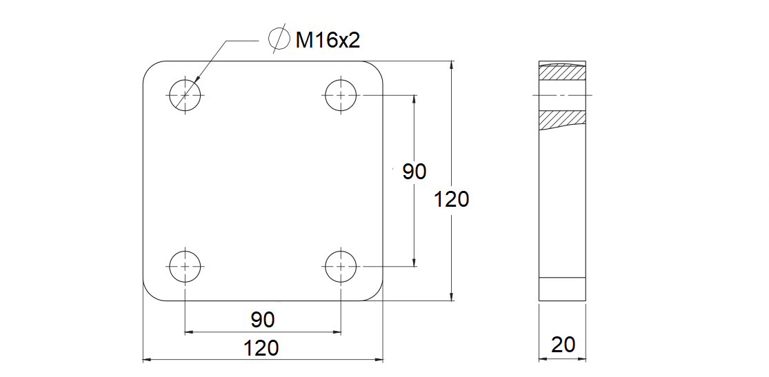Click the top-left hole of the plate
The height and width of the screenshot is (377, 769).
click(x=185, y=94)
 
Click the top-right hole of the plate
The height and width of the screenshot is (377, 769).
click(x=341, y=94)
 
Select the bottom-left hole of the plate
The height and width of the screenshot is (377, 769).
click(x=185, y=265)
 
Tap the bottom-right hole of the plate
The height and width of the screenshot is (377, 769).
click(x=341, y=265)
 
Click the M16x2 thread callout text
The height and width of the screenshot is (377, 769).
click(x=328, y=41)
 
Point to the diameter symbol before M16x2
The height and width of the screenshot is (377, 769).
click(x=278, y=39)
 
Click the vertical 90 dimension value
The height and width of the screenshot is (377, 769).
click(x=414, y=172)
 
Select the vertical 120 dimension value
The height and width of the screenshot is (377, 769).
click(x=452, y=199)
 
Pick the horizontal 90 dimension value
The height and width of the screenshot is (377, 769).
click(x=262, y=320)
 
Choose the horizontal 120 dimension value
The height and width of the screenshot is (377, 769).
click(x=262, y=348)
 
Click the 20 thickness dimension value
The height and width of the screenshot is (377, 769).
click(x=563, y=345)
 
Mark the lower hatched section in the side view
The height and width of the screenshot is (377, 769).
click(x=562, y=119)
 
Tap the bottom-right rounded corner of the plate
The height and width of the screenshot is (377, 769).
click(x=377, y=294)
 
